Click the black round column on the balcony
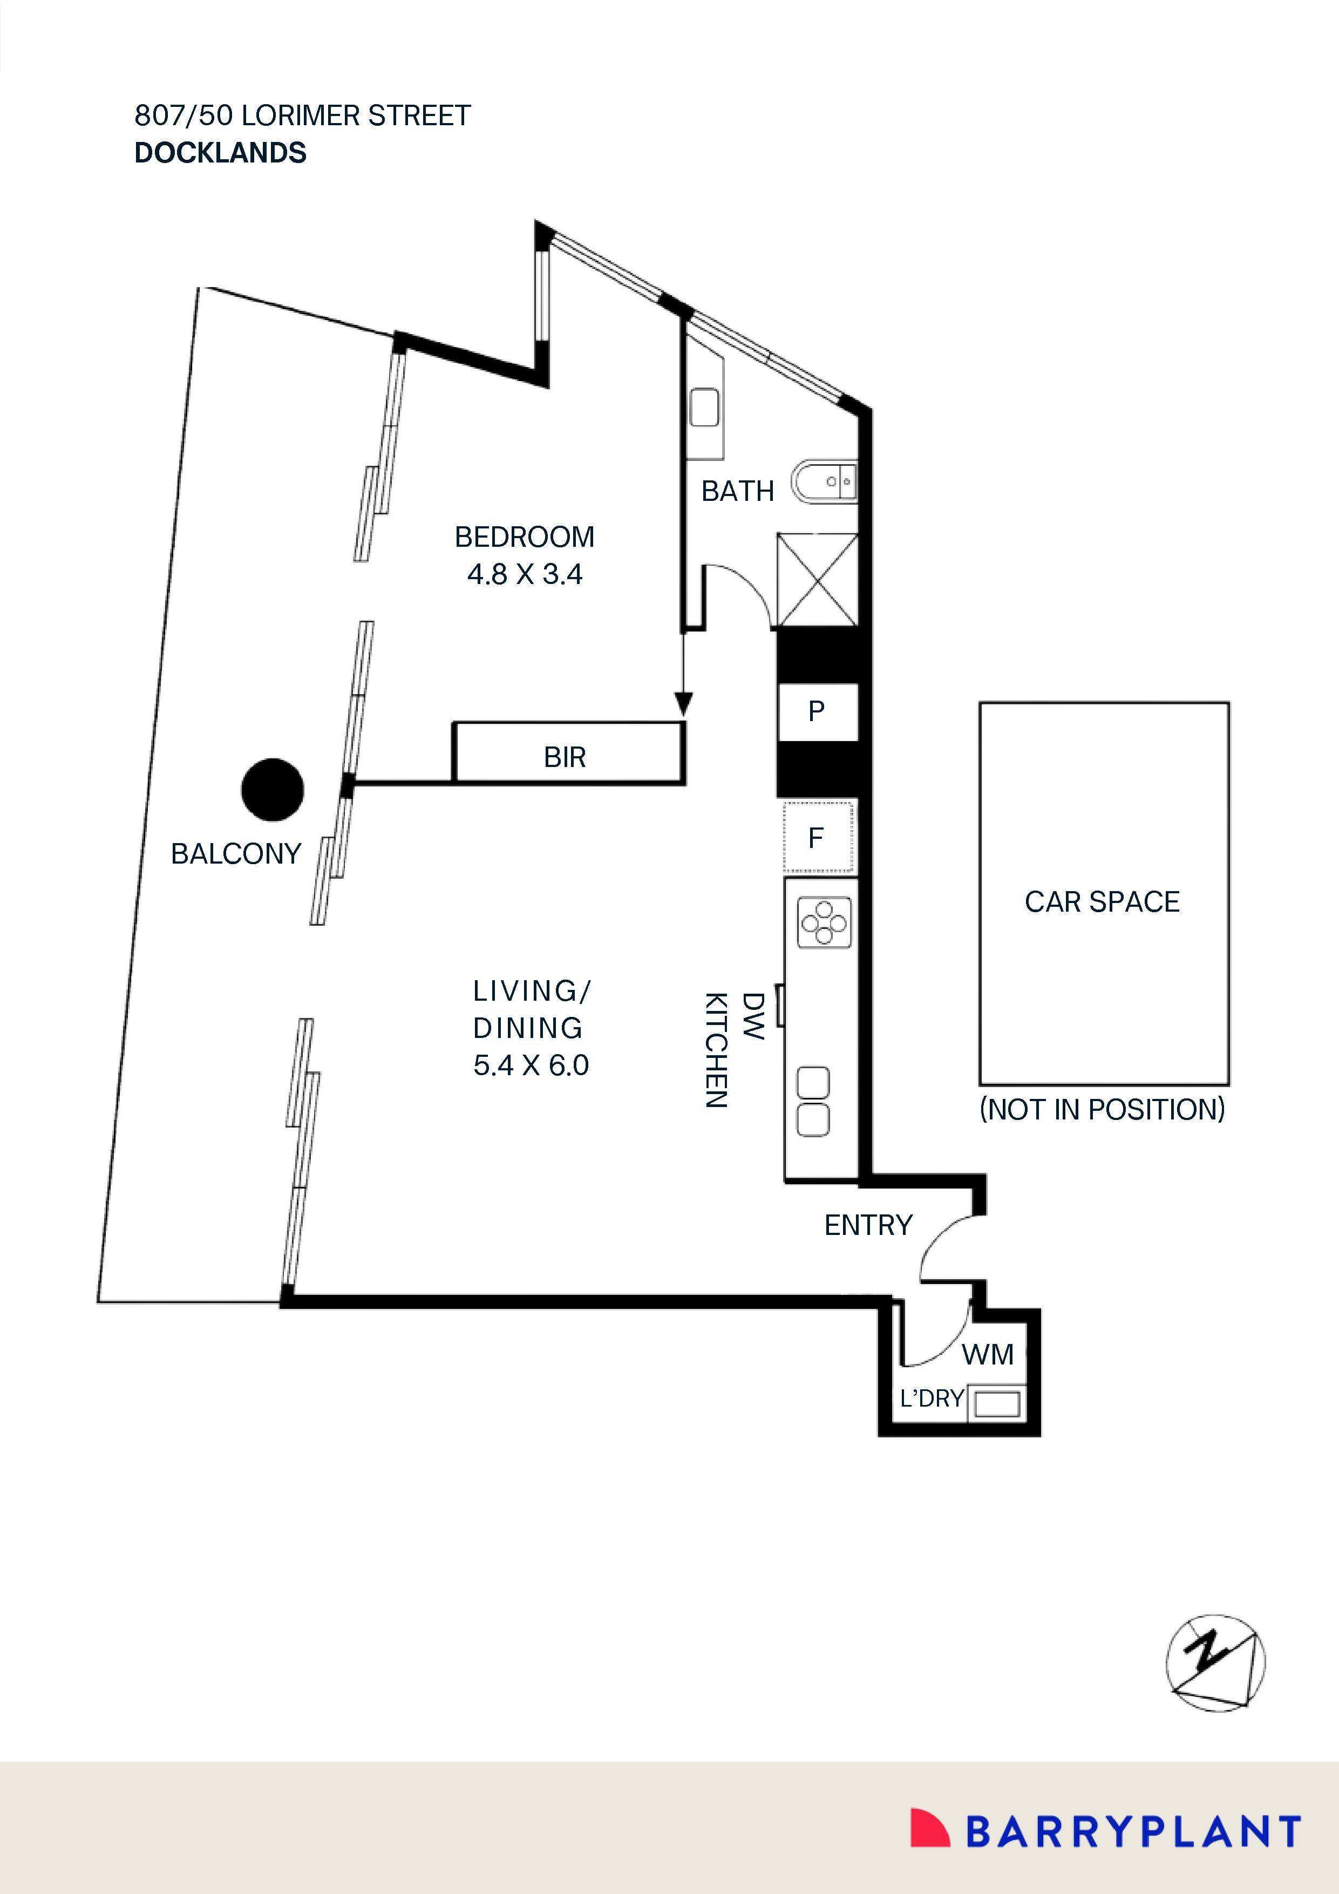[x=272, y=790]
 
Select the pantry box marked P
[x=817, y=711]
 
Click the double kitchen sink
[x=813, y=1102]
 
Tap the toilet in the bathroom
[x=825, y=482]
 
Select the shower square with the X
[x=818, y=580]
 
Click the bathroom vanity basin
[x=704, y=408]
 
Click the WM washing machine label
[x=988, y=1354]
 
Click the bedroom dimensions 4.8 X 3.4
[x=525, y=574]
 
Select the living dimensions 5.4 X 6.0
[x=531, y=1065]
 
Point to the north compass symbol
[x=1215, y=1662]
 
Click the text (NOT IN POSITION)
[x=1102, y=1110]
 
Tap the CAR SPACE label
[x=1102, y=901]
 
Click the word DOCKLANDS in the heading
[x=220, y=153]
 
